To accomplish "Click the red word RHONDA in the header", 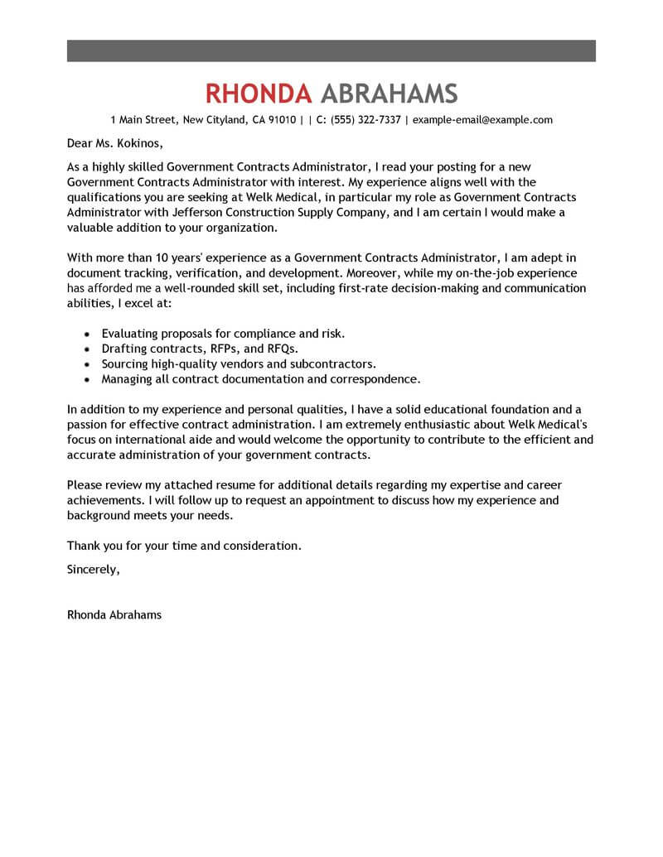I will pos(258,93).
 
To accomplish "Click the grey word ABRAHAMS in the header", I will pos(388,93).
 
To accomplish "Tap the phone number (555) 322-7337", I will pos(365,120).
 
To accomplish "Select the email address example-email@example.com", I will pos(482,120).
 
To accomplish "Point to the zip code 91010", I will pos(281,120).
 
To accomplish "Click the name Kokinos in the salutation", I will pos(131,142).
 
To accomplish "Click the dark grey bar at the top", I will pos(331,51).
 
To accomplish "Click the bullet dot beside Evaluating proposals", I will pos(88,334).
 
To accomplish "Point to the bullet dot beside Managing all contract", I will pos(88,379).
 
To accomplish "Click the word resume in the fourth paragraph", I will pos(249,485).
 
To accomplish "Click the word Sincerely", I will pos(93,569).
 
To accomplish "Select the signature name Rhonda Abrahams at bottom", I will pos(114,615).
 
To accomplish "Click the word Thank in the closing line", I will pos(84,546).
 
